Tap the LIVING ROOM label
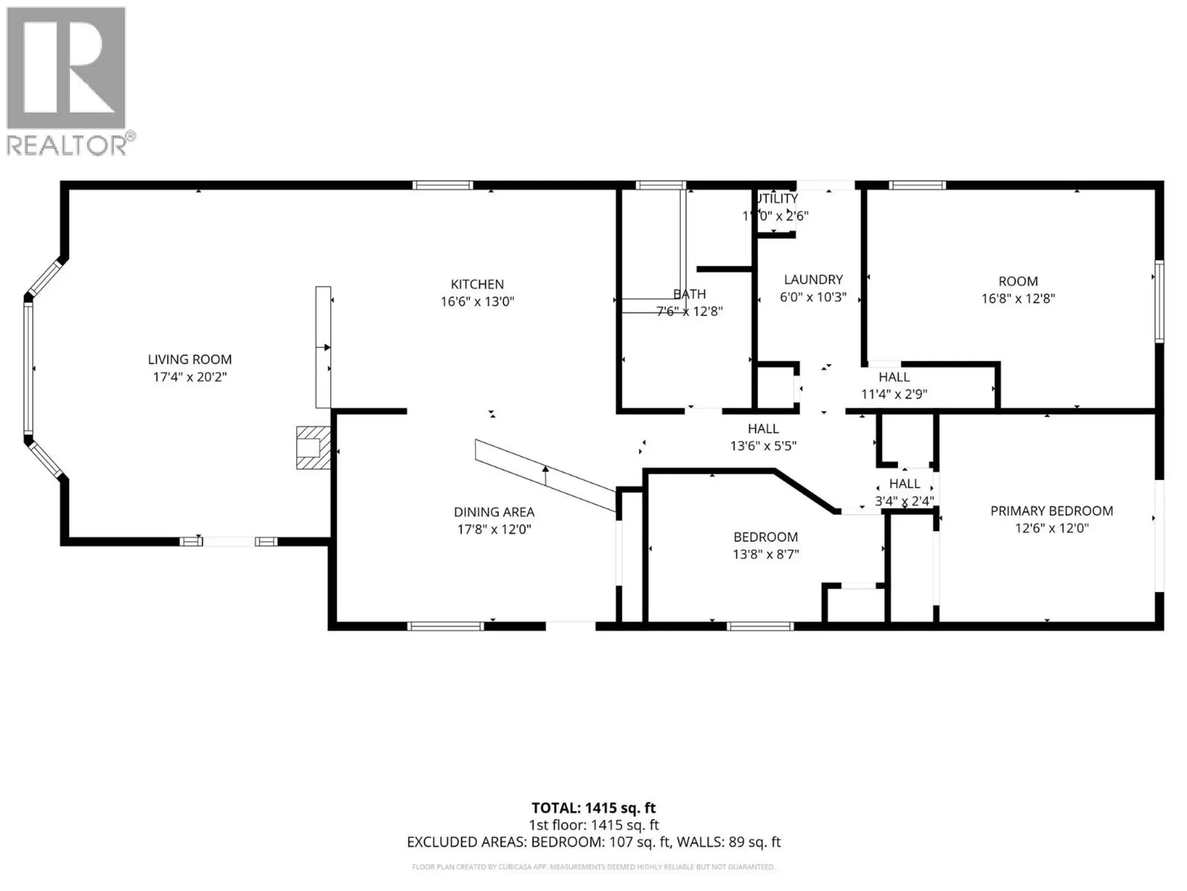click(190, 359)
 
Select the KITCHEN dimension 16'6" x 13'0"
click(477, 302)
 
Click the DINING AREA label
click(493, 512)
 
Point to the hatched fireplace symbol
click(313, 447)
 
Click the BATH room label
click(689, 295)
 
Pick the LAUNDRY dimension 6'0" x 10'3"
click(813, 298)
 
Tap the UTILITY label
click(778, 199)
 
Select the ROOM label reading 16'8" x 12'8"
click(1018, 282)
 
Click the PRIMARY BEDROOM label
click(1051, 511)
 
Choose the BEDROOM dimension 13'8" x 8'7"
click(765, 554)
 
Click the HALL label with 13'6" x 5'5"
click(763, 429)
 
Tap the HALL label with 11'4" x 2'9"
click(894, 377)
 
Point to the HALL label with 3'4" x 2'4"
click(904, 484)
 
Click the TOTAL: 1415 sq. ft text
click(593, 808)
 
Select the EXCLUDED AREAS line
click(593, 842)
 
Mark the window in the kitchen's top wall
click(443, 185)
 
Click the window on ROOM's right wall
click(1159, 302)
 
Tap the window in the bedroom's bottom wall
click(760, 626)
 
